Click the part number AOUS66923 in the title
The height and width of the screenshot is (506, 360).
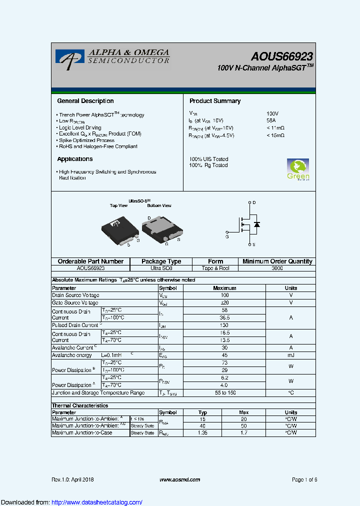click(x=282, y=57)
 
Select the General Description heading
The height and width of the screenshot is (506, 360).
click(x=85, y=101)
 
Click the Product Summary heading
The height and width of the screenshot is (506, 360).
click(x=215, y=101)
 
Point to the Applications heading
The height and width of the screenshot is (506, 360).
click(x=75, y=159)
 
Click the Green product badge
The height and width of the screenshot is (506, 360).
click(x=298, y=169)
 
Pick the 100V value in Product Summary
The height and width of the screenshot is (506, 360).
click(x=272, y=114)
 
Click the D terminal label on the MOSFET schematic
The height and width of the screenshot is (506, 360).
click(x=254, y=202)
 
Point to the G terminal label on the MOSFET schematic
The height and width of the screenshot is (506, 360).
click(x=227, y=236)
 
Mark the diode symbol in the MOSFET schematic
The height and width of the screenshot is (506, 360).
click(x=257, y=224)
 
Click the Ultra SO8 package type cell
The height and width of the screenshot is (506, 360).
click(x=161, y=268)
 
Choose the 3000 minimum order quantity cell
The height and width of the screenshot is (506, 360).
click(x=277, y=268)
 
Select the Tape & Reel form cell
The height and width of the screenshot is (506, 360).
click(x=215, y=268)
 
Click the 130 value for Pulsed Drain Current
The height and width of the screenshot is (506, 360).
click(x=224, y=325)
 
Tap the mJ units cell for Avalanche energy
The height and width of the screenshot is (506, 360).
click(x=290, y=355)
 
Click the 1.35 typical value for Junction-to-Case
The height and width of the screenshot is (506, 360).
click(x=202, y=432)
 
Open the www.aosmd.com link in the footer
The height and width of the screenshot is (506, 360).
click(x=180, y=479)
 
